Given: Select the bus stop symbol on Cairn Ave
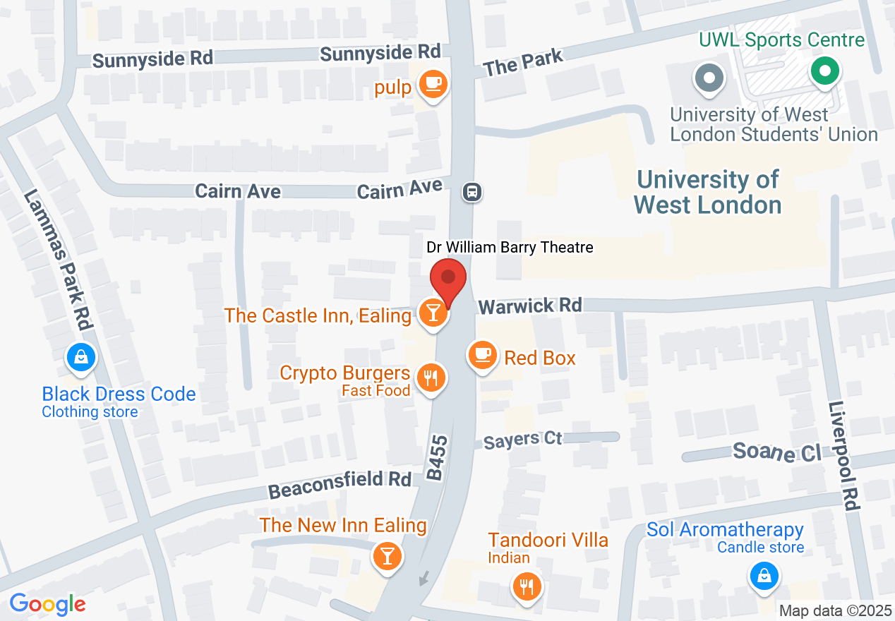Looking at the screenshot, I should click(x=472, y=191).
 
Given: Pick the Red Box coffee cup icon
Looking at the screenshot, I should click(x=483, y=354).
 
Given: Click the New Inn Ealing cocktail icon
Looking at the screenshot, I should click(x=387, y=555).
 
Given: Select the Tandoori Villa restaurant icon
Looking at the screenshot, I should click(x=525, y=585).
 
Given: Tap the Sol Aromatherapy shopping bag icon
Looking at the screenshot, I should click(x=763, y=575).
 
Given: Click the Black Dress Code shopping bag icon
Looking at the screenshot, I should click(x=81, y=358).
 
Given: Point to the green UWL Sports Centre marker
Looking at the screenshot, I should click(x=824, y=71).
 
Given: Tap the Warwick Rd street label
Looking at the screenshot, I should click(x=530, y=306).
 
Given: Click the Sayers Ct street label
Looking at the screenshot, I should click(x=523, y=440).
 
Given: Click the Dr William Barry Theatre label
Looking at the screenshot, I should click(x=510, y=247).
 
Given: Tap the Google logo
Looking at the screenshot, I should click(x=47, y=604).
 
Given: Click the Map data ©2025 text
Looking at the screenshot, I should click(x=835, y=610).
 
